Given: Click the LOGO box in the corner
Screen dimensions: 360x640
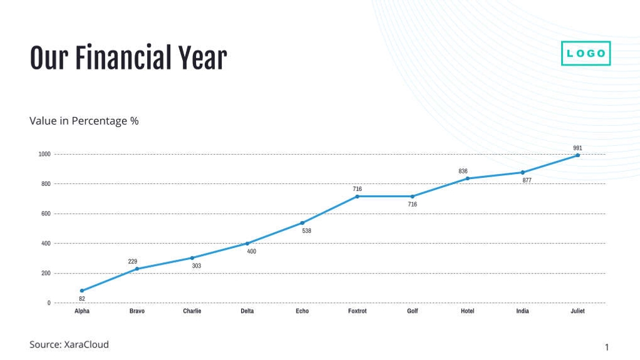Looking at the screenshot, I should click(x=586, y=53).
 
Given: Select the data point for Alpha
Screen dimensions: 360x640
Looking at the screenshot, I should click(x=82, y=291).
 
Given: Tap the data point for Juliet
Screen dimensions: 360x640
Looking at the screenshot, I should click(x=577, y=155).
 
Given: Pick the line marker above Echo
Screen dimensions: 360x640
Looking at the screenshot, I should click(x=302, y=223).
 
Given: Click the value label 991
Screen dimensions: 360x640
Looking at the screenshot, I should click(x=577, y=148).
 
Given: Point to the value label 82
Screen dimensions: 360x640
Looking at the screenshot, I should click(x=82, y=299).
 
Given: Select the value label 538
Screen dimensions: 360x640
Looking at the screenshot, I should click(x=307, y=231).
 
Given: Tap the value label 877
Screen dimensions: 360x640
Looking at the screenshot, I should click(x=527, y=180).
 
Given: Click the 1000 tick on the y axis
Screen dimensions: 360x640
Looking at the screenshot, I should click(x=44, y=154).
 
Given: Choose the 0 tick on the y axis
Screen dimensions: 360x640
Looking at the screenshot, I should click(x=49, y=303).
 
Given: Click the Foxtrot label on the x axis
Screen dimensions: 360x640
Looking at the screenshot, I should click(x=358, y=311).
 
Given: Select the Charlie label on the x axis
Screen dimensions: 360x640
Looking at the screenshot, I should click(x=192, y=311).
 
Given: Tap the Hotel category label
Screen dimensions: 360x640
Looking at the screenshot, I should click(x=467, y=311).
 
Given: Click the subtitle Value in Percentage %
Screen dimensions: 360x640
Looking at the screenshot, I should click(x=84, y=121).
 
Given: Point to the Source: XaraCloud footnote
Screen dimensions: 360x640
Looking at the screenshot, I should click(x=69, y=344).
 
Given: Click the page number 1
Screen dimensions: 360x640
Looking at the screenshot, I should click(x=606, y=347).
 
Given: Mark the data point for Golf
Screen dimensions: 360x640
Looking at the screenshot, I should click(x=412, y=197).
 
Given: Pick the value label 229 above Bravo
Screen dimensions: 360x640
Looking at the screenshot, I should click(x=133, y=261).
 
